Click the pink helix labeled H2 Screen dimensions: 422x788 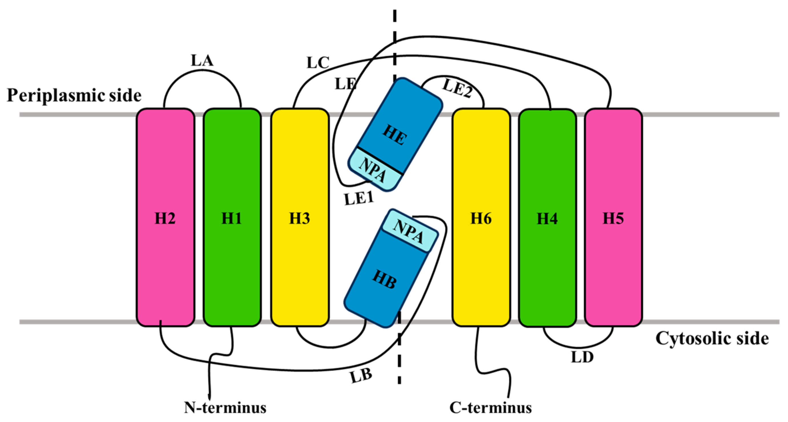click(165, 218)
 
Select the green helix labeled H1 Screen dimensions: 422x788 click(232, 218)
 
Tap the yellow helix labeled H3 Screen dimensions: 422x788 click(300, 218)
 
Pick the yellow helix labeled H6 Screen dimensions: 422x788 click(481, 218)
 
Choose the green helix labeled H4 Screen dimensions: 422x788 click(547, 218)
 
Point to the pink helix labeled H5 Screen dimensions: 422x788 click(613, 218)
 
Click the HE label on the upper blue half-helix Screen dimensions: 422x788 click(395, 135)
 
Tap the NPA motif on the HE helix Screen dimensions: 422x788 click(373, 170)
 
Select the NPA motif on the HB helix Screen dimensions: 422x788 click(409, 232)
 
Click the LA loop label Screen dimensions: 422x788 click(202, 60)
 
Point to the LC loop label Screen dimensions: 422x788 click(318, 63)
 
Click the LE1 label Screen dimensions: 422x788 click(359, 199)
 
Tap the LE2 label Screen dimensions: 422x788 click(457, 88)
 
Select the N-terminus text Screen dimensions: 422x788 click(225, 408)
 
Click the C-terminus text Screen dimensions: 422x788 click(490, 408)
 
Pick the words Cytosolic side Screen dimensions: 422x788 click(712, 338)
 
